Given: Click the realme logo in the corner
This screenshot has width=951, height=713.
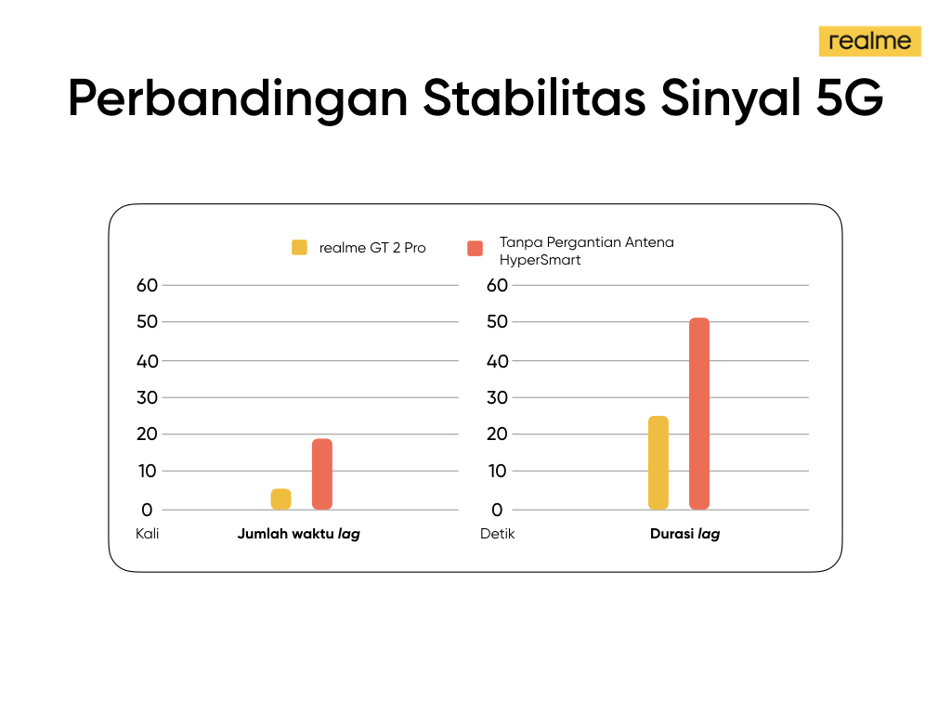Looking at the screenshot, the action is pos(869,41).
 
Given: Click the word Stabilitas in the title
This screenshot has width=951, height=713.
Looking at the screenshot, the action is pos(534,97).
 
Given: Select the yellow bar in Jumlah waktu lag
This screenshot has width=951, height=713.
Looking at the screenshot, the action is pos(280,499).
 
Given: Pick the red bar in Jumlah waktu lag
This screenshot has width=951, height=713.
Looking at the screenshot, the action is pos(322,474).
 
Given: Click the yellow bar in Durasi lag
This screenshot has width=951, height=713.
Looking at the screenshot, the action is pos(658,462).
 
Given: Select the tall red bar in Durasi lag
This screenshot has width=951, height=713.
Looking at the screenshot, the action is pos(699,413).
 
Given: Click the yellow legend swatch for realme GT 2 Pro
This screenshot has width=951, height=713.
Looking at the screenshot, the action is pos(299,247).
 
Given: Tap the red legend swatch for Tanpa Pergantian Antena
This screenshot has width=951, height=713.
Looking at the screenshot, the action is pos(475,249).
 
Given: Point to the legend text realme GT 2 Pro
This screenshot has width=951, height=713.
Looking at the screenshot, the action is pos(372,248).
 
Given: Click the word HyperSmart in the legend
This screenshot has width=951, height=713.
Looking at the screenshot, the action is pos(540,260).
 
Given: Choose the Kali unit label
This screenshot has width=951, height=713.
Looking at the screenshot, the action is pos(148,534).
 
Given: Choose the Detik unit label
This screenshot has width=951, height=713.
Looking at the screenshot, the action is pos(498,534).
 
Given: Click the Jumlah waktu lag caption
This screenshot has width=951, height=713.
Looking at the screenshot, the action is pos(298,534).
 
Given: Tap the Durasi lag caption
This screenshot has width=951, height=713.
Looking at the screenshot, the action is pos(684,534).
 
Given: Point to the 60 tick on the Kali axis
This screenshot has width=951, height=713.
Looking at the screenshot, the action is pos(147,285).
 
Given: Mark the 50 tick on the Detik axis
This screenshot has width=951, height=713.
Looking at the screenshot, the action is pos(497,321).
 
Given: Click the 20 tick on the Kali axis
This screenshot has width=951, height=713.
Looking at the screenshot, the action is pos(147,434).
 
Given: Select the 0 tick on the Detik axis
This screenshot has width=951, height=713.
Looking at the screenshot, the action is pos(497,510).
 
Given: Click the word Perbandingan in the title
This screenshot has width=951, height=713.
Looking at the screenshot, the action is pos(238,99).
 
